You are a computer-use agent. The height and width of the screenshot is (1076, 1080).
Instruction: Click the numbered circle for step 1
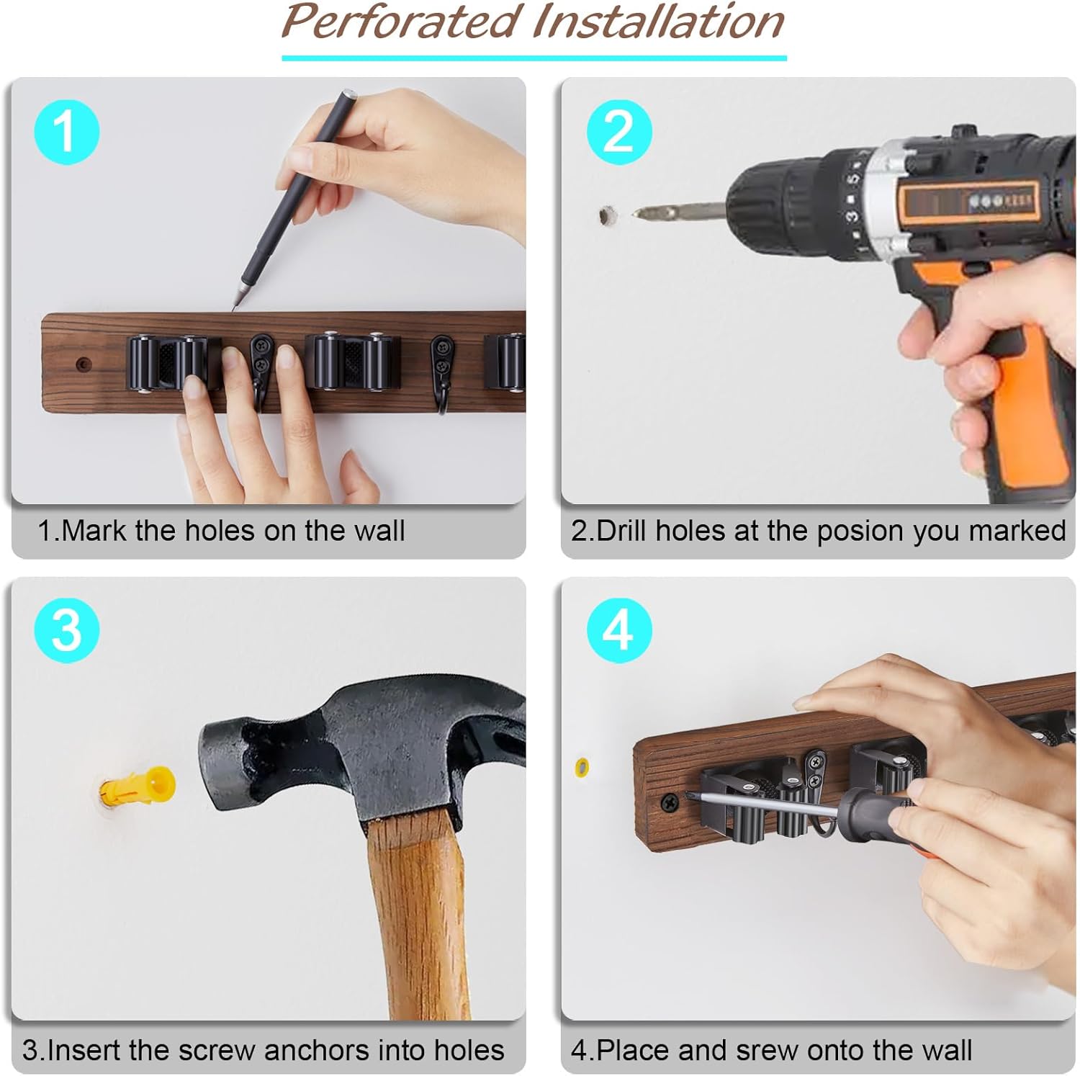(67, 133)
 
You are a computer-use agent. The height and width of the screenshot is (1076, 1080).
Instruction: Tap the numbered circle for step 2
(619, 133)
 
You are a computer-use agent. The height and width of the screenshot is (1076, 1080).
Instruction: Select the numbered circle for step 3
(67, 630)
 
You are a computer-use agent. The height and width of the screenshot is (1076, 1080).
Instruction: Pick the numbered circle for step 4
(619, 630)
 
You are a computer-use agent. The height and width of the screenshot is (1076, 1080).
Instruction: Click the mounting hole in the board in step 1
(84, 364)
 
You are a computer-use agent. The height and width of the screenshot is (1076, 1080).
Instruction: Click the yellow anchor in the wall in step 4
(582, 766)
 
